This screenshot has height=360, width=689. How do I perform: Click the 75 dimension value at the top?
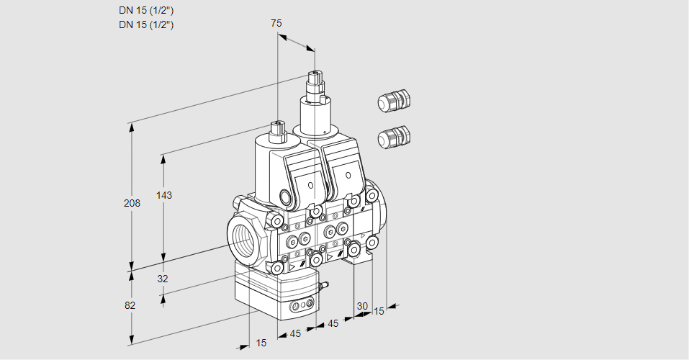coord(276,23)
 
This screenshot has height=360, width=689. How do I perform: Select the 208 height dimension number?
coord(132,203)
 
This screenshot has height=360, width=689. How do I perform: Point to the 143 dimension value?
coord(165,195)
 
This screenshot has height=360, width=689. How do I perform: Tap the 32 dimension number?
coord(162,279)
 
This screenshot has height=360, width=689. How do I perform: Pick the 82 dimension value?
coord(130,305)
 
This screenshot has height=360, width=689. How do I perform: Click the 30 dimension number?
coord(362,306)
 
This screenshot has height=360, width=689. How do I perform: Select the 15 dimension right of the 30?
coord(379,311)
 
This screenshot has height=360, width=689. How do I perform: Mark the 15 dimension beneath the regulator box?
coord(261,343)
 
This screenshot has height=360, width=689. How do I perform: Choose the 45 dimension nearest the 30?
coord(333,324)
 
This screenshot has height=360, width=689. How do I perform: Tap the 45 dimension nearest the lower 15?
coord(296,333)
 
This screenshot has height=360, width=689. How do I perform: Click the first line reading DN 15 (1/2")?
coord(147,10)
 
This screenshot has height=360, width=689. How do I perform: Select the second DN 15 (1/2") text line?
coord(147,24)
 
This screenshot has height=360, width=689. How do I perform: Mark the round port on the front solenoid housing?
coord(287,197)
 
